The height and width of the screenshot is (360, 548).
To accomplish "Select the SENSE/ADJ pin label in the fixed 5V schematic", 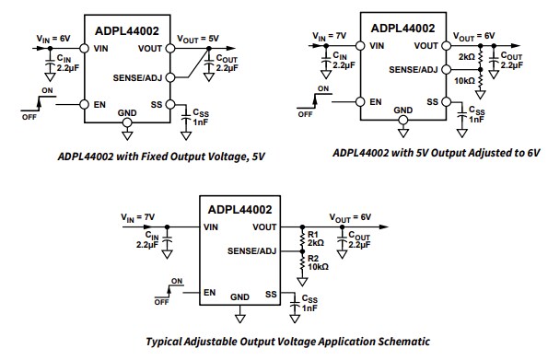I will [144, 76].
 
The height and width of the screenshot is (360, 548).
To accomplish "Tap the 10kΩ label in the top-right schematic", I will [466, 82].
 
